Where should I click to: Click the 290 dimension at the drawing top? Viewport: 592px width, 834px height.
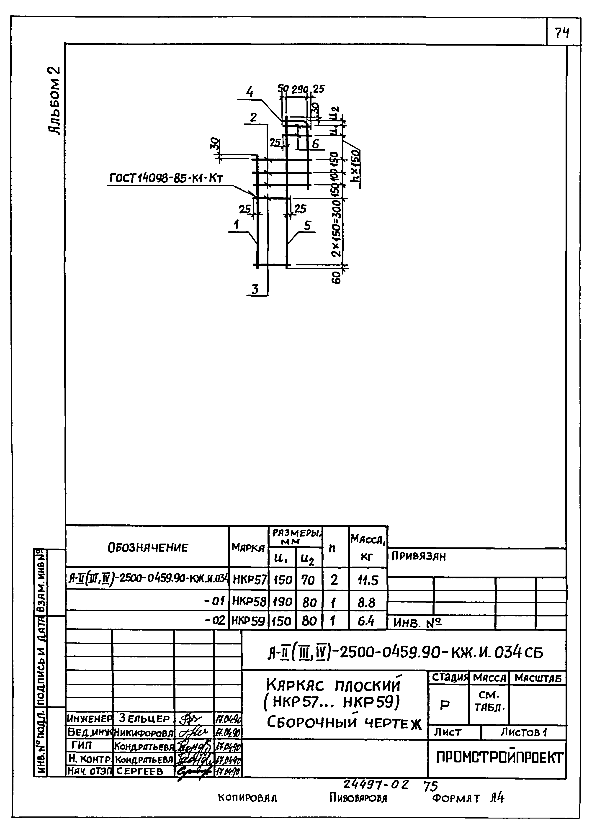[x=300, y=89]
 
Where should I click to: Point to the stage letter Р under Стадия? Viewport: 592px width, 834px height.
[x=445, y=705]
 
